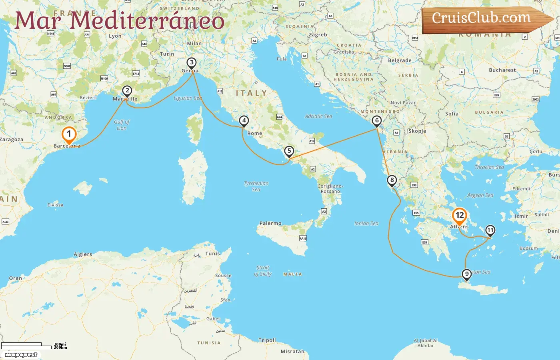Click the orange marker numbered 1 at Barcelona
click(69, 135)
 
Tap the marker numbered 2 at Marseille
click(127, 91)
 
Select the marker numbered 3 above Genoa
click(192, 63)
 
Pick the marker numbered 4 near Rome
click(244, 120)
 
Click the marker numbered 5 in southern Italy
click(289, 151)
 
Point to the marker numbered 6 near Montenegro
click(376, 120)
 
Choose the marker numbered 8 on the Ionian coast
click(392, 180)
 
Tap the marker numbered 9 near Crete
click(466, 274)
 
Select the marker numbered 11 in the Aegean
click(490, 230)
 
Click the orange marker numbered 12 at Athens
click(460, 216)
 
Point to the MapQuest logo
click(21, 355)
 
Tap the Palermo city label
click(270, 223)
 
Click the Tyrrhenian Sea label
click(256, 186)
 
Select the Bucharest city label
click(502, 70)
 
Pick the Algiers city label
click(83, 254)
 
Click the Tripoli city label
click(267, 340)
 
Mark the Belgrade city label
click(400, 60)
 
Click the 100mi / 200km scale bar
click(34, 345)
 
